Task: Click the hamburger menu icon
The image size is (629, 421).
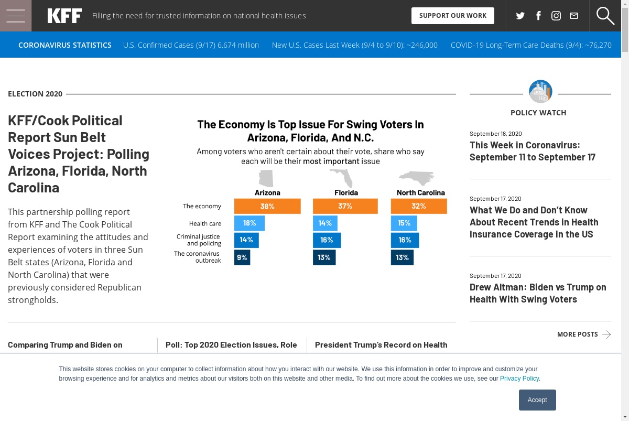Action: click(x=16, y=16)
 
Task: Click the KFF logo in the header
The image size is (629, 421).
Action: click(x=64, y=16)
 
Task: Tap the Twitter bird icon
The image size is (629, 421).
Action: click(x=520, y=16)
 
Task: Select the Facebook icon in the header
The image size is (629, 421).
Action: click(x=538, y=16)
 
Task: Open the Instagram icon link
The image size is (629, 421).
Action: click(x=556, y=16)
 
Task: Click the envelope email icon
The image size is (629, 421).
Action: click(x=574, y=16)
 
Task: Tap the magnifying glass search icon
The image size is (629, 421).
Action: click(x=605, y=16)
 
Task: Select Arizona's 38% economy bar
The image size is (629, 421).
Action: click(x=267, y=206)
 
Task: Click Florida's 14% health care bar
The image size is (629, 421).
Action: click(x=325, y=223)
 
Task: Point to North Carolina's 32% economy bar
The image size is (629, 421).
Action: click(x=419, y=206)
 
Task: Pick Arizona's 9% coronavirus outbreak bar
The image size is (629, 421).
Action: click(x=242, y=257)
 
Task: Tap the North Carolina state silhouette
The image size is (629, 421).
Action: click(x=417, y=178)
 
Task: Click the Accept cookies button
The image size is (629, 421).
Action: click(x=537, y=400)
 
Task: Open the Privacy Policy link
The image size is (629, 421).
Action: click(x=519, y=379)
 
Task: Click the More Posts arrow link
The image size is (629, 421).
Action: click(x=584, y=334)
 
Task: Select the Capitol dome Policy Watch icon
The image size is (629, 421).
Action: click(x=540, y=92)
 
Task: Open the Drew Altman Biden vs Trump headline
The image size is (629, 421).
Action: click(x=538, y=293)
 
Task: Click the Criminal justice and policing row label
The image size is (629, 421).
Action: click(x=199, y=240)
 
